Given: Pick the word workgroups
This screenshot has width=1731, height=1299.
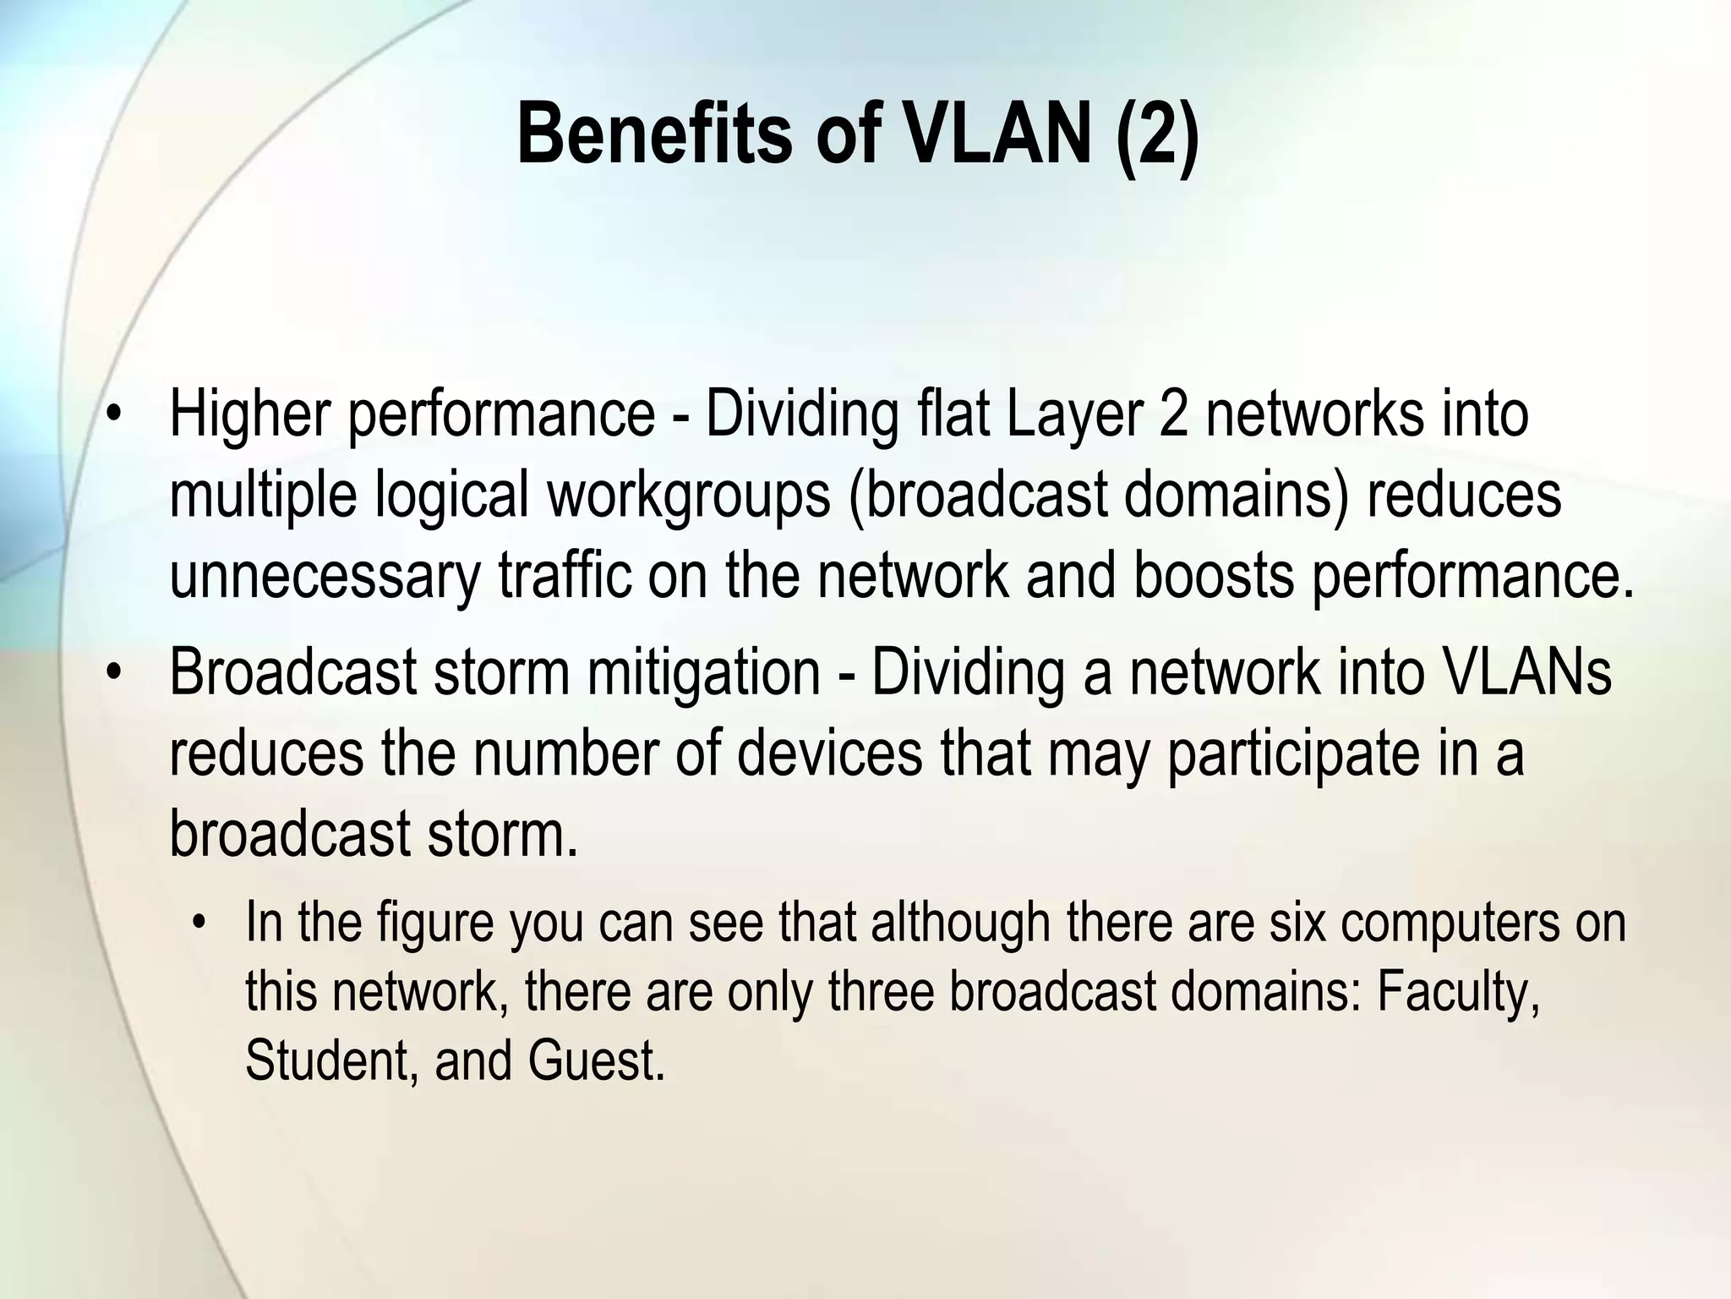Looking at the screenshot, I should point(689,496).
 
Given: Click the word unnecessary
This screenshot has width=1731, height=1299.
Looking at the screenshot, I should point(324,577).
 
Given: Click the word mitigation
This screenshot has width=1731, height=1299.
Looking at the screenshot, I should point(703,672).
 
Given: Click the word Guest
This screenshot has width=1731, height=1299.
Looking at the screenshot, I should point(596,1061).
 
